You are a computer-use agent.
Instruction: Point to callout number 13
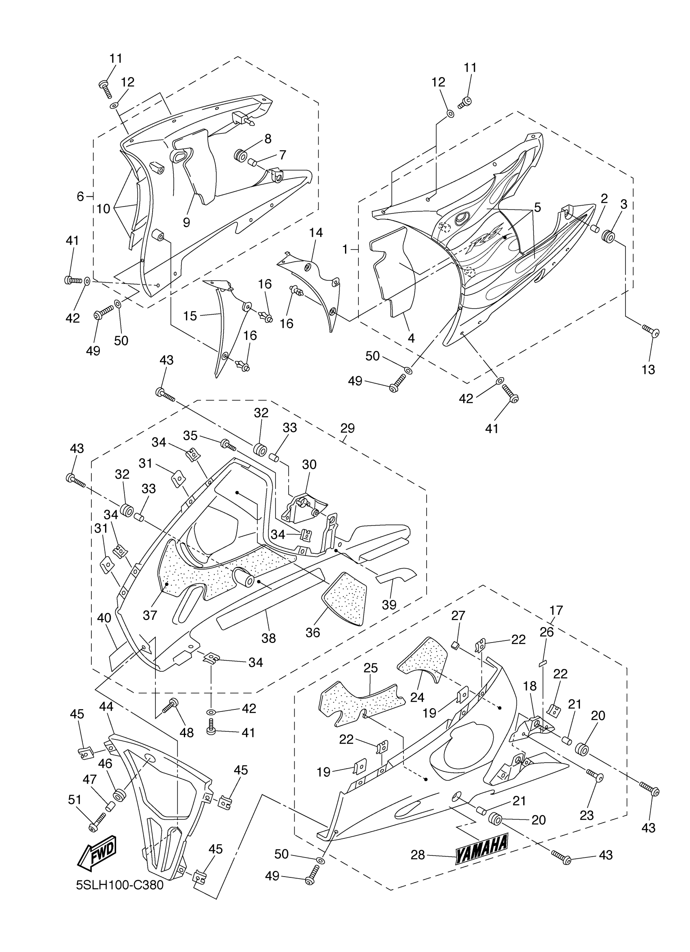(648, 370)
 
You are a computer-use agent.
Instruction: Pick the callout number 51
(75, 800)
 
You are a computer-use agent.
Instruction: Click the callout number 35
(190, 436)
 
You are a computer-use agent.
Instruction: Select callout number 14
(316, 232)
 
